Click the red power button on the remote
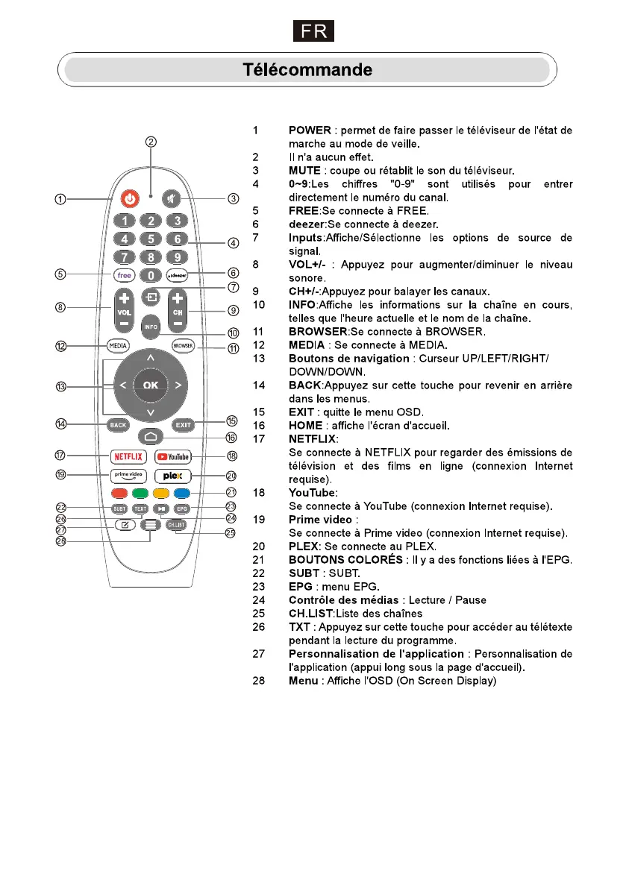[x=131, y=199]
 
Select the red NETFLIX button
[x=128, y=456]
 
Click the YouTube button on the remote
[x=173, y=456]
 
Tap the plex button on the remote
[x=173, y=475]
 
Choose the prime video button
[x=128, y=475]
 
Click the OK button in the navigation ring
[x=151, y=385]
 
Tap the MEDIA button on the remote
[x=118, y=346]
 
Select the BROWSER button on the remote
[x=183, y=346]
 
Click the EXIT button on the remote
[x=183, y=425]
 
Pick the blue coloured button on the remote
[x=182, y=493]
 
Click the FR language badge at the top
[x=313, y=32]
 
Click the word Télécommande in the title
[x=307, y=70]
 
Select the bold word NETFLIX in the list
[x=313, y=439]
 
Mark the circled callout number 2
[x=151, y=142]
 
